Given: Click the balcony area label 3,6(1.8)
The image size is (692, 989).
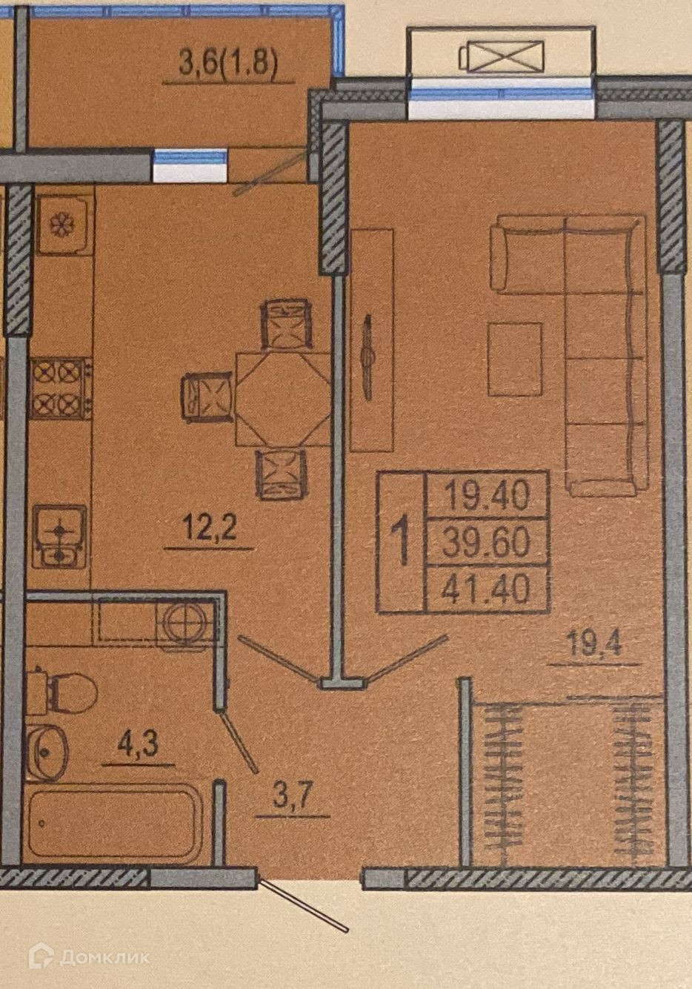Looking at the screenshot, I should (228, 64).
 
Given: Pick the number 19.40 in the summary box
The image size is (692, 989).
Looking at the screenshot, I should (487, 494).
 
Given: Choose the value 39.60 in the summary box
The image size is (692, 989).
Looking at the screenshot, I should (487, 543).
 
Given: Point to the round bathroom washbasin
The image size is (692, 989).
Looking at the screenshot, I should (47, 751).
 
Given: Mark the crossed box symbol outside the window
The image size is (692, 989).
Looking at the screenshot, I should (502, 56).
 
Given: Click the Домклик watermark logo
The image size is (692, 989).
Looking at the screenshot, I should (88, 956).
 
